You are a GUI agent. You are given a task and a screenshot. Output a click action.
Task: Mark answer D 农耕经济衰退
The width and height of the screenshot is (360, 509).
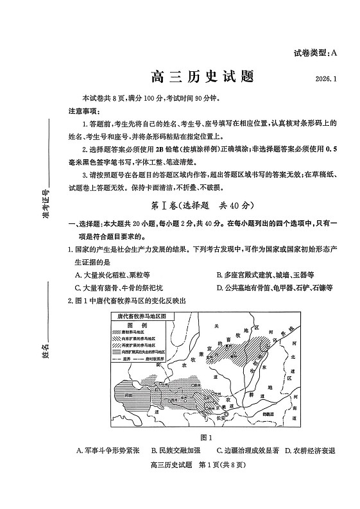[x=311, y=451]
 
